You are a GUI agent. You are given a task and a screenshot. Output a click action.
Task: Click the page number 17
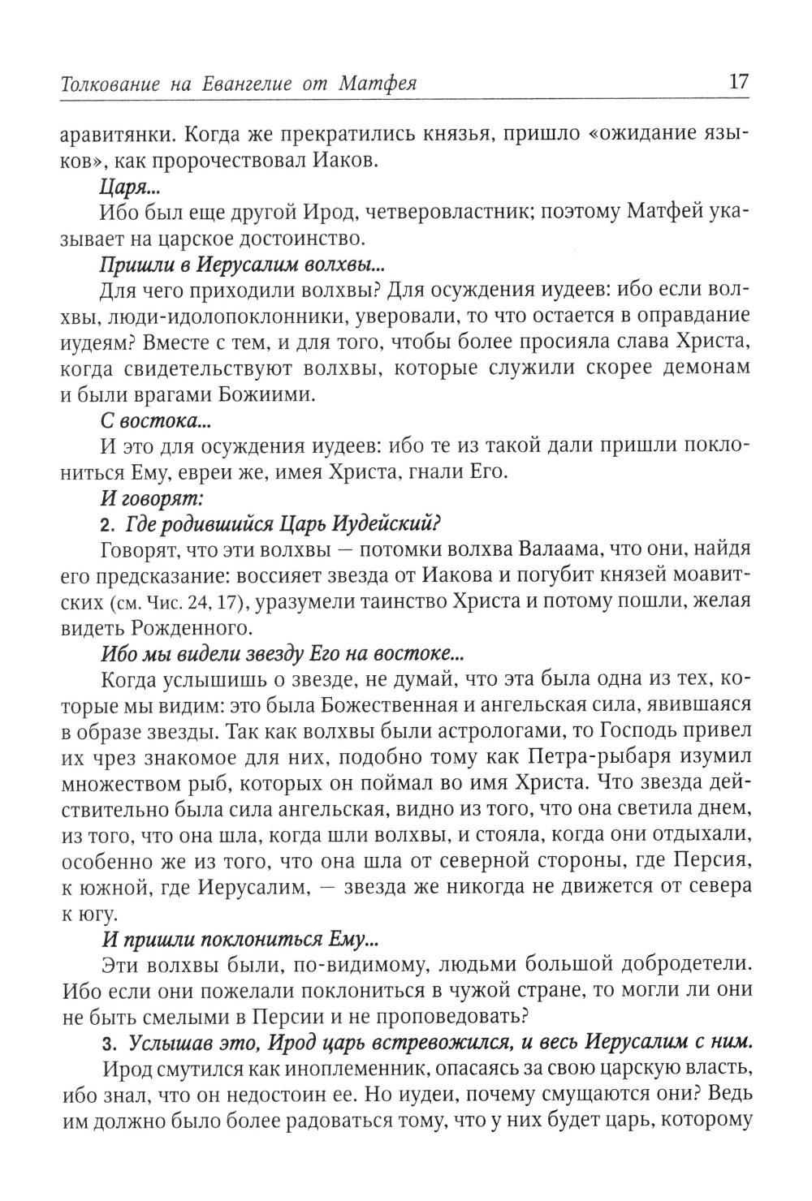pos(737,82)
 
